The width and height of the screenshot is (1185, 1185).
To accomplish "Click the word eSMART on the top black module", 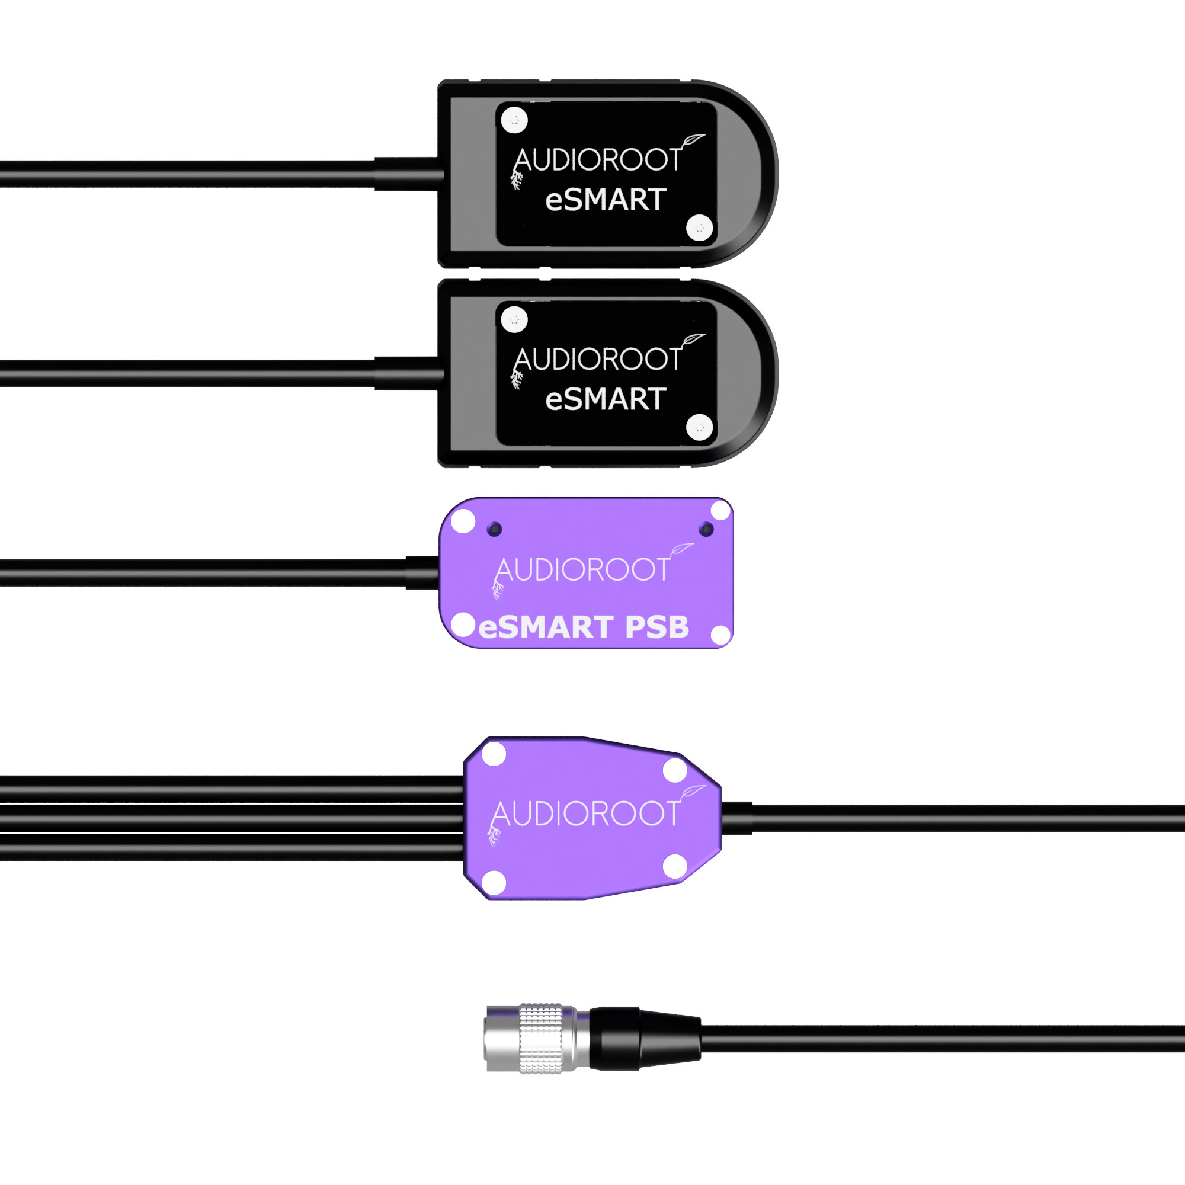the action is pyautogui.click(x=606, y=200).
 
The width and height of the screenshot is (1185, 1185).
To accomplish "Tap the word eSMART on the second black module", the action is pyautogui.click(x=606, y=399).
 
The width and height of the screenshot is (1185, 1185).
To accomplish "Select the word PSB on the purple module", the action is pyautogui.click(x=657, y=627).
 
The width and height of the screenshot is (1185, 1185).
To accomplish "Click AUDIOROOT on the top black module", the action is pyautogui.click(x=598, y=159).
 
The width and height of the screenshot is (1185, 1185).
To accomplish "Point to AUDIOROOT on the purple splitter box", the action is pyautogui.click(x=585, y=814).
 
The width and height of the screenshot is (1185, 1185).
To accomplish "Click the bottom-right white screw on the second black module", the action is pyautogui.click(x=699, y=428).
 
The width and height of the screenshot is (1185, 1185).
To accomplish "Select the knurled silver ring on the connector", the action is pyautogui.click(x=541, y=1039).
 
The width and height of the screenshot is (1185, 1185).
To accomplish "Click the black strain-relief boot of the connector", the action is pyautogui.click(x=644, y=1039).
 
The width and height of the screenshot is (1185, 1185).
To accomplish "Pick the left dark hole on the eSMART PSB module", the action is pyautogui.click(x=494, y=529).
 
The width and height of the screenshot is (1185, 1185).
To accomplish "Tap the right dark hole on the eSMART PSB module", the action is pyautogui.click(x=706, y=529).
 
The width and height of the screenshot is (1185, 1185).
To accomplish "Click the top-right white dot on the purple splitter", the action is pyautogui.click(x=675, y=770).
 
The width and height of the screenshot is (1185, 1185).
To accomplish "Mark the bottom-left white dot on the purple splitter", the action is pyautogui.click(x=494, y=883).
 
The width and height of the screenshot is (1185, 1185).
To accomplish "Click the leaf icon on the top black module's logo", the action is pyautogui.click(x=693, y=140).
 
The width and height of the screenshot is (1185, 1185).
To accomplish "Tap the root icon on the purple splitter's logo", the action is pyautogui.click(x=494, y=835).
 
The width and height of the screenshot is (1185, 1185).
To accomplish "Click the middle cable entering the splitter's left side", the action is pyautogui.click(x=232, y=818).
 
